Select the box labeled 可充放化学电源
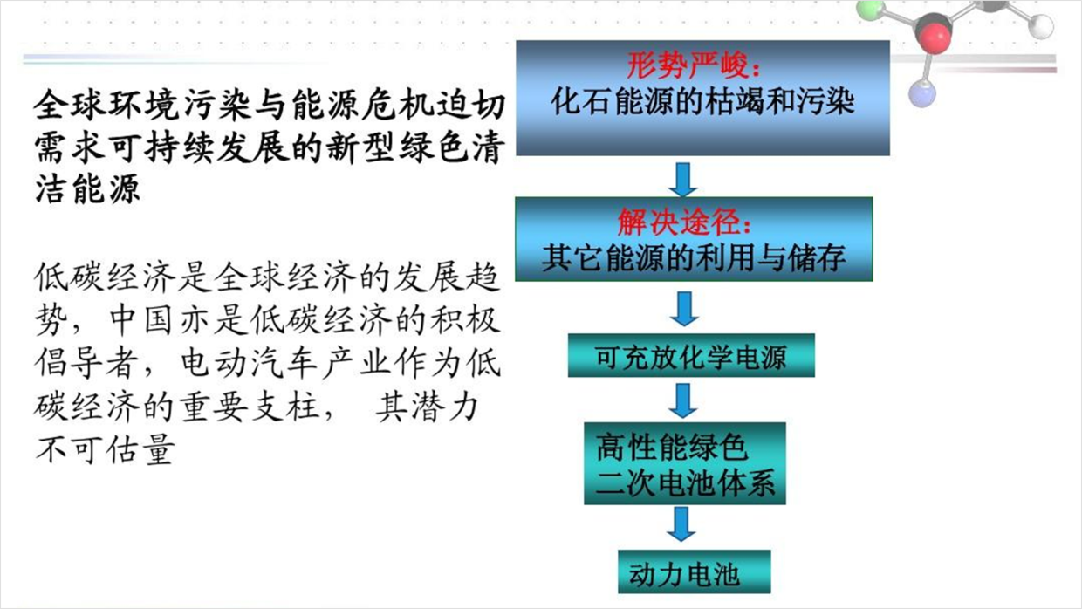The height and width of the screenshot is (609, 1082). pos(691,355)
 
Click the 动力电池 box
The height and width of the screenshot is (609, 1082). pos(694,571)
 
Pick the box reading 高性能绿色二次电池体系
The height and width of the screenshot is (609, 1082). pos(685,463)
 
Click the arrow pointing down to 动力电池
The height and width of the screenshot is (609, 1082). pos(681,524)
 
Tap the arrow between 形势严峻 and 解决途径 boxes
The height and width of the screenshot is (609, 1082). pos(682,180)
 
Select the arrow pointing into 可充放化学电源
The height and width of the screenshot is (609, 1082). pos(684,309)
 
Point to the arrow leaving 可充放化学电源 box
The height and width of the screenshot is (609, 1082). pos(683,400)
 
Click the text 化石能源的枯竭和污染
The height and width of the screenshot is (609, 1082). pos(702,101)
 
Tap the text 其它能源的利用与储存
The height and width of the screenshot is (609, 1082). pos(694,258)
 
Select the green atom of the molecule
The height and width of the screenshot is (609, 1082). pos(871,10)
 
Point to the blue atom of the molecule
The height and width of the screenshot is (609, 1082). pos(922,93)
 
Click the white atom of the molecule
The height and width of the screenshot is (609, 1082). pos(1040,26)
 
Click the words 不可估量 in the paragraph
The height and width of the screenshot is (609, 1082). pos(105,449)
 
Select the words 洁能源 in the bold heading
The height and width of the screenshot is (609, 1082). pos(87,188)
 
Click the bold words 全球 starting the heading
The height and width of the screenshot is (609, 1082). pos(69,105)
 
